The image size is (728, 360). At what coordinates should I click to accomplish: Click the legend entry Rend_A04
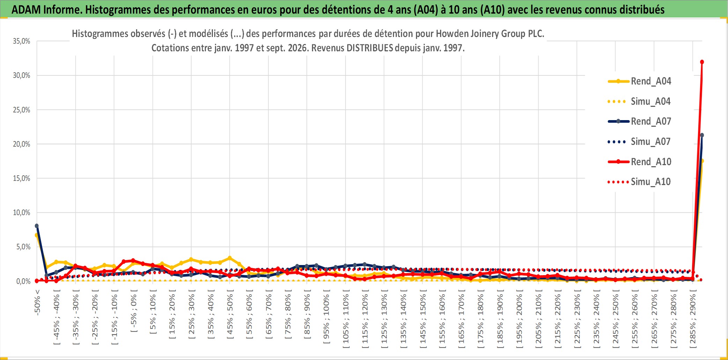click(x=639, y=81)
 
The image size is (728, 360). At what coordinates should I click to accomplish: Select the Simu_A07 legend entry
click(x=639, y=142)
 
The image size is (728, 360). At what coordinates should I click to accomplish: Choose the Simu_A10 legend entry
click(x=639, y=182)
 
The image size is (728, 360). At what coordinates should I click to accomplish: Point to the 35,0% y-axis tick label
click(x=22, y=41)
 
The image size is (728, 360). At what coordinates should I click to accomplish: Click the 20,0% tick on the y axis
click(x=22, y=144)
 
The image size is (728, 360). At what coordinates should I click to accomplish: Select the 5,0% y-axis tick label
click(x=23, y=247)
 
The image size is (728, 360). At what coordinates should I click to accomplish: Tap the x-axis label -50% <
click(x=37, y=302)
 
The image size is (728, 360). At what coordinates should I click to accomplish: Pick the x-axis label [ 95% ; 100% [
click(x=326, y=319)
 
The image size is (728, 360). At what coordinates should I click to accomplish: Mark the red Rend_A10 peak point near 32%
click(x=702, y=62)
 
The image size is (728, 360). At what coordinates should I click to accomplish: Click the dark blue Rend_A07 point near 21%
click(x=702, y=135)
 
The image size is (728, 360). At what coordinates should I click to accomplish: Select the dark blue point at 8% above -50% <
click(x=37, y=226)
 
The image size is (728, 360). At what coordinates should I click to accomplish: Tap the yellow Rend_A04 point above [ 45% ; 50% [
click(x=230, y=258)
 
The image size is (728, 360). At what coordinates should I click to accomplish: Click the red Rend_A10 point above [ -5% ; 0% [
click(x=133, y=260)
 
